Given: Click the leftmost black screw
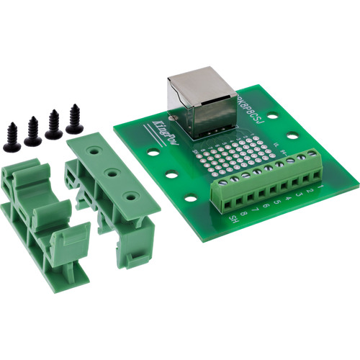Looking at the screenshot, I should [x=12, y=137].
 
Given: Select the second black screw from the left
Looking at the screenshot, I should [x=32, y=131].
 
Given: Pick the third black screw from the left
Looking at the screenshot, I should [x=53, y=125].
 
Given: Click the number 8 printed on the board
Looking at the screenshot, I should [x=244, y=214].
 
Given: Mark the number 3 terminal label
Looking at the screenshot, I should [x=297, y=195].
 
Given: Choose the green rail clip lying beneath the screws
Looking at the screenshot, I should [x=40, y=216].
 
